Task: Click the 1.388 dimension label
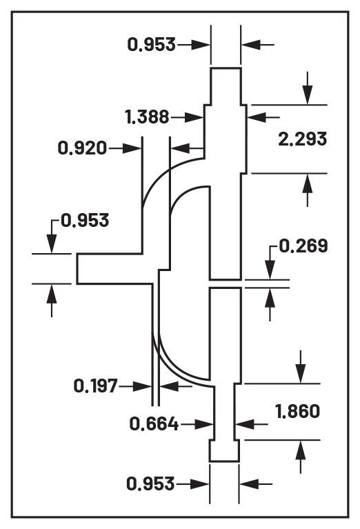click(x=148, y=117)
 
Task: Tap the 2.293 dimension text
click(x=302, y=139)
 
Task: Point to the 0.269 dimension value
click(x=303, y=246)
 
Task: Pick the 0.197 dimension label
click(x=96, y=386)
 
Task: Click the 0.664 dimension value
click(x=154, y=424)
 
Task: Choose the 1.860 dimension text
click(x=297, y=412)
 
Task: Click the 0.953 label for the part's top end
click(x=151, y=45)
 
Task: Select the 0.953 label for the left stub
click(x=85, y=221)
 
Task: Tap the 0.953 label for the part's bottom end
click(x=150, y=484)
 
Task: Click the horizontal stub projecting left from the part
click(x=110, y=268)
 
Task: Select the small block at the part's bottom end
click(x=224, y=451)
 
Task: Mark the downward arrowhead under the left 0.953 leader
click(x=52, y=246)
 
